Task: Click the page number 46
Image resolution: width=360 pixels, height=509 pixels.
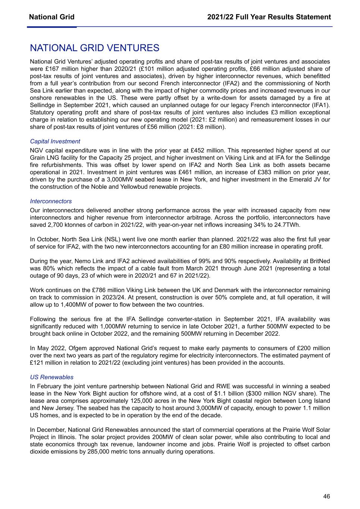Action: tap(326, 496)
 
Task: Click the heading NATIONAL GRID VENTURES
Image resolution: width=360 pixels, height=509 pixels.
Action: tap(94, 48)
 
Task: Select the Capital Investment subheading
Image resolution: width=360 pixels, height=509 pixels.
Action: tap(55, 141)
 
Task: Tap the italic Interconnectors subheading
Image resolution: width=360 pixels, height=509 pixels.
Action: tap(51, 201)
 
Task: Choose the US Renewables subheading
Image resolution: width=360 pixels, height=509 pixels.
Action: tap(51, 377)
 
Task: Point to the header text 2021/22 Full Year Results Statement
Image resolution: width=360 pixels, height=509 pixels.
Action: tap(269, 17)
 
